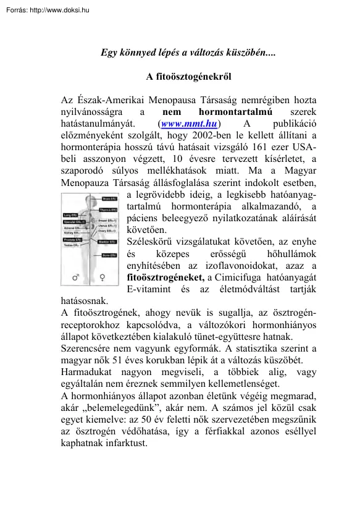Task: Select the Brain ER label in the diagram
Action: pos(110,199)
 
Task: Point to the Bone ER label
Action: pos(110,255)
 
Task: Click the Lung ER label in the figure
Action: pos(69,216)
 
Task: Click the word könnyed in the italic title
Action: pos(143,53)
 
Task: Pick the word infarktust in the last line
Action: pos(126,443)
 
